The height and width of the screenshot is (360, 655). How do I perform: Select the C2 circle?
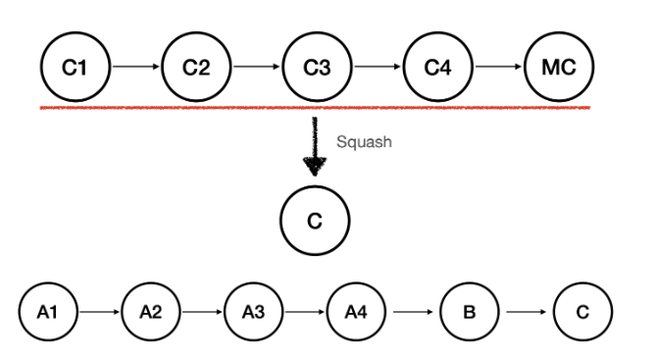195,68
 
